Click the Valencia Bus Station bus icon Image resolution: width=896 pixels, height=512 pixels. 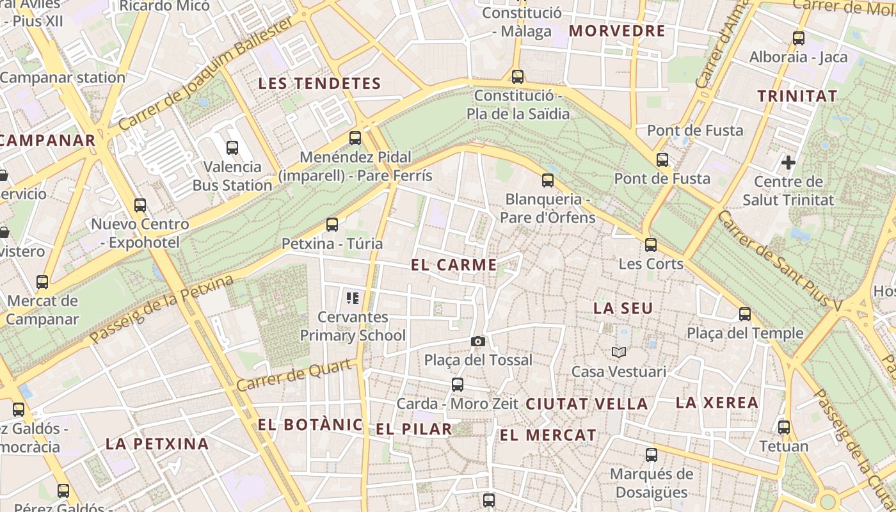point(232,148)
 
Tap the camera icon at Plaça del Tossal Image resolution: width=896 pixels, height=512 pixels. point(477,342)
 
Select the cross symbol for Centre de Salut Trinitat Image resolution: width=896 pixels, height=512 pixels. point(788,163)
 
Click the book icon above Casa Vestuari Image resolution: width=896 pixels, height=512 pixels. point(618,352)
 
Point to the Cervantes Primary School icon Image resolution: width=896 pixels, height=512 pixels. point(352,298)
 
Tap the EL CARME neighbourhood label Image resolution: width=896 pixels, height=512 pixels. point(454,265)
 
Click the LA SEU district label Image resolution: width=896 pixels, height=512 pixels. point(623,308)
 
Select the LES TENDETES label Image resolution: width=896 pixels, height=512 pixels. point(319,83)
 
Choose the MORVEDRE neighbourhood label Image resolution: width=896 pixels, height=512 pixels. point(617,31)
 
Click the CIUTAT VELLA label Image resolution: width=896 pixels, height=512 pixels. point(587,404)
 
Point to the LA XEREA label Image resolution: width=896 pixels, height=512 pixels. point(717,403)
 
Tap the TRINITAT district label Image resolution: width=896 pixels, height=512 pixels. point(797,96)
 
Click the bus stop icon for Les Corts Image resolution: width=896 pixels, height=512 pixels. point(651,244)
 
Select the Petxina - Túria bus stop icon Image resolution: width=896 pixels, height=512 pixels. point(332,225)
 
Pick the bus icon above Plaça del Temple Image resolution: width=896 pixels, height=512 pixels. point(744,314)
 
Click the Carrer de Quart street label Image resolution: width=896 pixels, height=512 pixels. point(294,375)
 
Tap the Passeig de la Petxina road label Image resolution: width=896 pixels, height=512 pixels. point(161,310)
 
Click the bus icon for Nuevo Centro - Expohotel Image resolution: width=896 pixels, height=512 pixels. point(140,205)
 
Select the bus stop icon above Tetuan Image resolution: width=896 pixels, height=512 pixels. point(784,428)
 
